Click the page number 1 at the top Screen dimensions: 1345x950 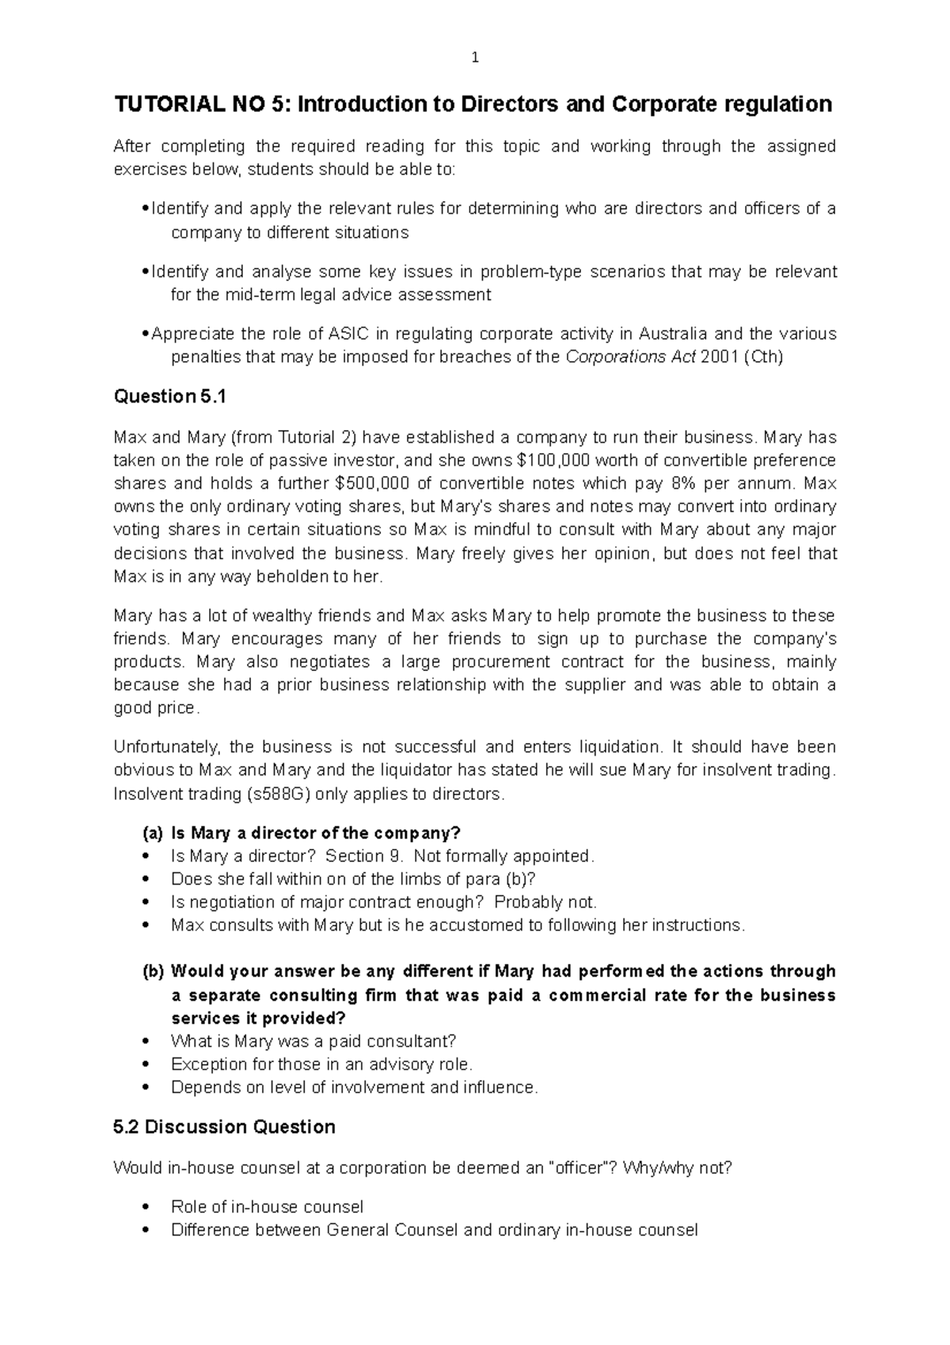click(475, 57)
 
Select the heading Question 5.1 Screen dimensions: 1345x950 click(169, 397)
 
